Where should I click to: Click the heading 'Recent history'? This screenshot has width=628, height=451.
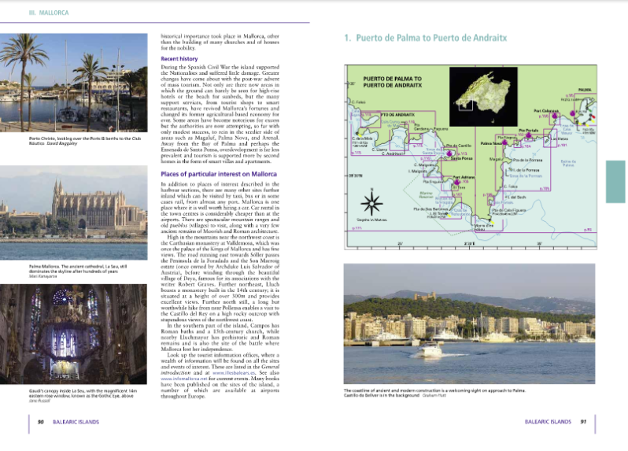[x=179, y=59]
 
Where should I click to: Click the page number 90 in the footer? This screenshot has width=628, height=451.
[x=40, y=422]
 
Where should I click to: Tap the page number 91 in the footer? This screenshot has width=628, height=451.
[x=583, y=422]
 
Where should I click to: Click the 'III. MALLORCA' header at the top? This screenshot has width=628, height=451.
[x=49, y=13]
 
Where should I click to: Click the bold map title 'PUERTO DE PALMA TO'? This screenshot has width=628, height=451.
[x=393, y=79]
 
